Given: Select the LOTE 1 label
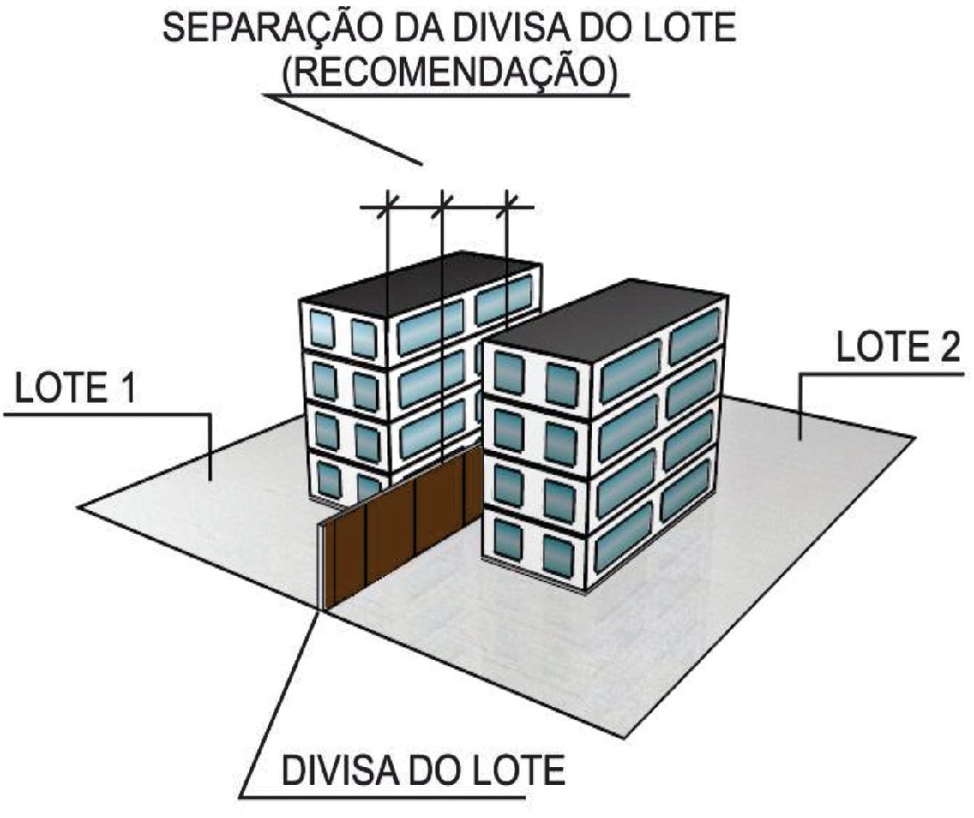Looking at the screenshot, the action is click(74, 388).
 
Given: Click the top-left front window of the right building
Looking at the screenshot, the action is click(509, 373).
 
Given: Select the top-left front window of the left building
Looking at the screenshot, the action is click(321, 329).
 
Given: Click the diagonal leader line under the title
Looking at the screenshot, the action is click(343, 129).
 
